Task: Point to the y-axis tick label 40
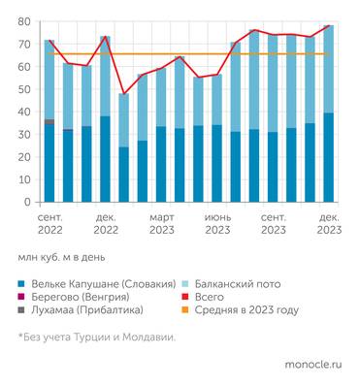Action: click(x=23, y=112)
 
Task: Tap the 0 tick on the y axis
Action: click(x=26, y=202)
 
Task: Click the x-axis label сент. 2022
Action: click(x=49, y=225)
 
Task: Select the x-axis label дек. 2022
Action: click(x=105, y=225)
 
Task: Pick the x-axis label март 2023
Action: click(x=161, y=225)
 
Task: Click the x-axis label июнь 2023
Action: click(x=216, y=225)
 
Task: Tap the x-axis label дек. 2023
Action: click(x=328, y=225)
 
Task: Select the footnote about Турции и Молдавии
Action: click(x=97, y=337)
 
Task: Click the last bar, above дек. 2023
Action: click(x=328, y=116)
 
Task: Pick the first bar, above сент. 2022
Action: click(x=49, y=126)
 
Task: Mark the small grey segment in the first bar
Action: click(x=49, y=121)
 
